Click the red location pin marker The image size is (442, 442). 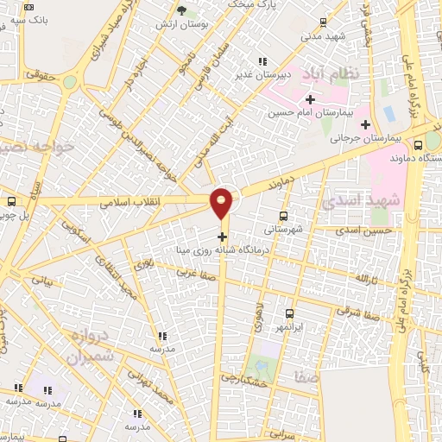[222, 202]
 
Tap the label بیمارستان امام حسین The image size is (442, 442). [310, 112]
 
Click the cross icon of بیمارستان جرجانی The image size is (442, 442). [366, 123]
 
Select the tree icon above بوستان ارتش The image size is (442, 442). [180, 10]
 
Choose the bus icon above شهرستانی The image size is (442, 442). [284, 217]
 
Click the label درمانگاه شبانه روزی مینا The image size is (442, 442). [223, 249]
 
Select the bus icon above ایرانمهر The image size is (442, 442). [289, 313]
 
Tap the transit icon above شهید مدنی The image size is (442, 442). [323, 23]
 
